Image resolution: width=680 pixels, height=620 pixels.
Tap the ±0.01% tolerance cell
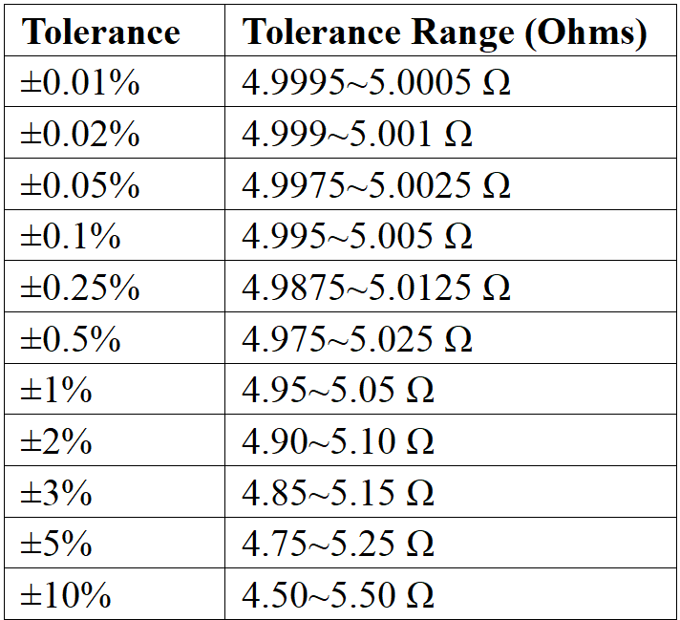[80, 83]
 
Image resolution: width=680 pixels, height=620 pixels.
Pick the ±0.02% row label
[80, 135]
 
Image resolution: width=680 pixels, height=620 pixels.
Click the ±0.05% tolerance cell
[80, 185]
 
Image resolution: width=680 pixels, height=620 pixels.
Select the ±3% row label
[56, 493]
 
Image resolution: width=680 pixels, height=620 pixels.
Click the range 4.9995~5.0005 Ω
[376, 83]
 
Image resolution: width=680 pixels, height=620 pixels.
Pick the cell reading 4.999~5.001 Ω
[357, 135]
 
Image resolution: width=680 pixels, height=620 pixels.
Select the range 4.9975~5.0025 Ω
[376, 185]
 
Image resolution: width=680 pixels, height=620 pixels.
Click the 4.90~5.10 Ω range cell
[338, 441]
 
